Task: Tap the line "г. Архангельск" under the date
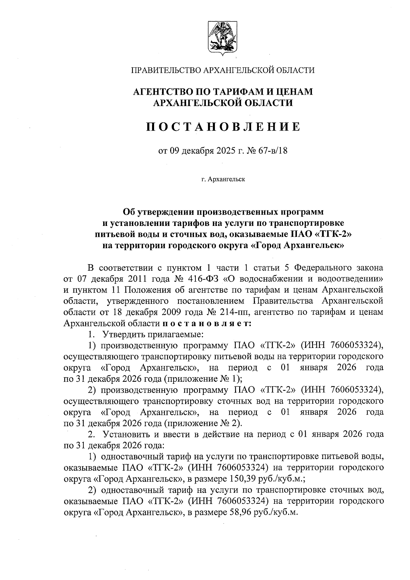click(x=223, y=179)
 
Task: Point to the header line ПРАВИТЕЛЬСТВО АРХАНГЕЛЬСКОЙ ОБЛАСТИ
click(x=223, y=70)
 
